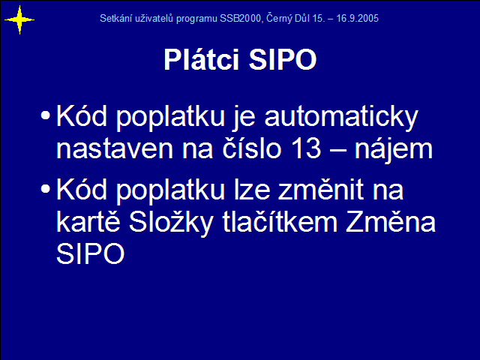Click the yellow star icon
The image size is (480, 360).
click(19, 20)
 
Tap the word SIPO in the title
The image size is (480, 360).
click(283, 59)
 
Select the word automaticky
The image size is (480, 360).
click(341, 118)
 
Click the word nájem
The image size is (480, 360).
click(394, 149)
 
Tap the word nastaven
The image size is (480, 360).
click(115, 149)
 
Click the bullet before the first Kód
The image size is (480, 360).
click(45, 115)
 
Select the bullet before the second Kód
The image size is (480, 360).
click(45, 188)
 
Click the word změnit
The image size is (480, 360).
click(321, 189)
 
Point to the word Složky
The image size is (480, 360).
click(170, 222)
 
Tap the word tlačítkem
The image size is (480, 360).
click(280, 221)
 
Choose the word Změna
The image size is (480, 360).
click(391, 221)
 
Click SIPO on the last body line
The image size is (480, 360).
click(90, 253)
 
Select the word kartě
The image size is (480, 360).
click(88, 221)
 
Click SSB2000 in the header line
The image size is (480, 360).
click(241, 18)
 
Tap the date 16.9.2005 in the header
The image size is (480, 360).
click(357, 18)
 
